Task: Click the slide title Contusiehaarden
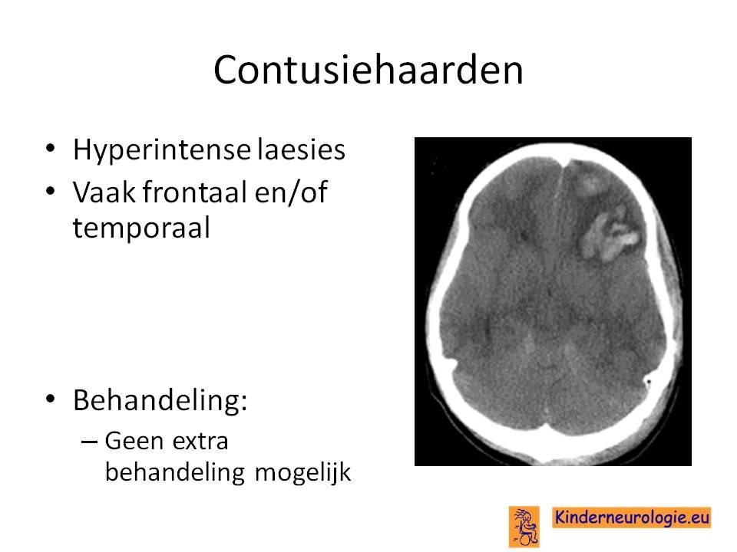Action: point(368,70)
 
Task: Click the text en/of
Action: point(291,193)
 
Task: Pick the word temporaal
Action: point(141,229)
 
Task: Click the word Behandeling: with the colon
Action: point(160,400)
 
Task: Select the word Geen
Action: point(134,442)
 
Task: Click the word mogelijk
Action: point(302,472)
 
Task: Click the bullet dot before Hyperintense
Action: point(51,149)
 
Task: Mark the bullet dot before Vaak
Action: point(51,191)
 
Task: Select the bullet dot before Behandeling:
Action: point(51,399)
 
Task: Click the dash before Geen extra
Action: point(89,442)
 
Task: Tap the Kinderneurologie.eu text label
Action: point(632,517)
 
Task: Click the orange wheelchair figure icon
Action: point(524,527)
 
